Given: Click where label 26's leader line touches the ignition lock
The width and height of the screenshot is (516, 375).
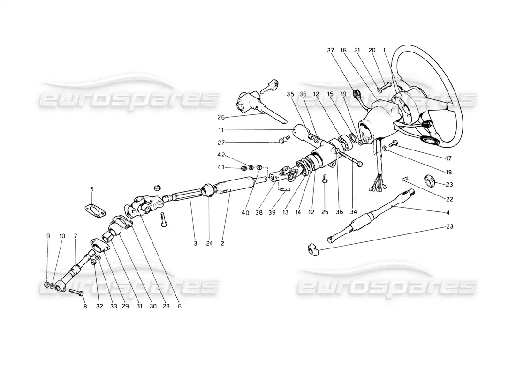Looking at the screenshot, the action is pyautogui.click(x=265, y=112).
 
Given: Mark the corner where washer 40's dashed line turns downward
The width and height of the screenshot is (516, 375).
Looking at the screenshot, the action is pyautogui.click(x=266, y=167).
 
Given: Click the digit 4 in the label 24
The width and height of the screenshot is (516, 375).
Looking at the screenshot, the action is pyautogui.click(x=211, y=243).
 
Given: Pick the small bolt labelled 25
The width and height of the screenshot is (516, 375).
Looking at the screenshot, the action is pyautogui.click(x=325, y=179).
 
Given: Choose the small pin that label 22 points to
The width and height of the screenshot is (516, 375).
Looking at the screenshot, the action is pyautogui.click(x=405, y=179).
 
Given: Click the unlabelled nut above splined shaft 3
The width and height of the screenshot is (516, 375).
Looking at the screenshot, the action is pyautogui.click(x=158, y=187).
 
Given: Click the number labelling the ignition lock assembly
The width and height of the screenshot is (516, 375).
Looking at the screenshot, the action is pyautogui.click(x=221, y=117).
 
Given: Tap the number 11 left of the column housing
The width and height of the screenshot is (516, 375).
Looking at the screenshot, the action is pyautogui.click(x=221, y=130).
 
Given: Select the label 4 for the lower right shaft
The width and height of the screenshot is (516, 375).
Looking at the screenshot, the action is pyautogui.click(x=448, y=212).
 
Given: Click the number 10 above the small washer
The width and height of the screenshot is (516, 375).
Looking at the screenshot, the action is pyautogui.click(x=62, y=236).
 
